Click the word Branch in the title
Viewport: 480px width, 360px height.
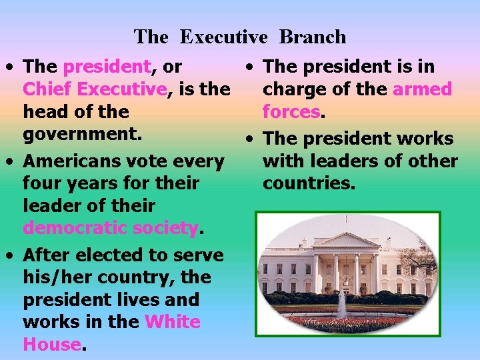[x=313, y=37]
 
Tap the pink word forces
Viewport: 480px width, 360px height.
[x=291, y=111]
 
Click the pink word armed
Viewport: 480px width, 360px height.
[x=422, y=89]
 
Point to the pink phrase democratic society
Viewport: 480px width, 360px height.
[x=111, y=227]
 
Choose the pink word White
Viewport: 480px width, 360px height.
[x=172, y=322]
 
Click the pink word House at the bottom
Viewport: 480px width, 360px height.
[x=51, y=344]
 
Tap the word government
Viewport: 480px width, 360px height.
[x=83, y=133]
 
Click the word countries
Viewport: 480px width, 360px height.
[x=309, y=183]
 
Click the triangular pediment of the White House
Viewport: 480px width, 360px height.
[x=346, y=240]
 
